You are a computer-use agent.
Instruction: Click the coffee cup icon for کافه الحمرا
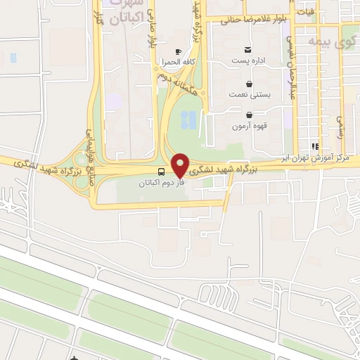pos(178,51)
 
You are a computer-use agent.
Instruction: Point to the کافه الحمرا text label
pos(178,62)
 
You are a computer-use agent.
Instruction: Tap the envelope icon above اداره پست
pos(247,49)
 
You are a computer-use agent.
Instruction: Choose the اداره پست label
pos(247,60)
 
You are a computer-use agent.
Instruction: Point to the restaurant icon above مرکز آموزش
pos(316,146)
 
